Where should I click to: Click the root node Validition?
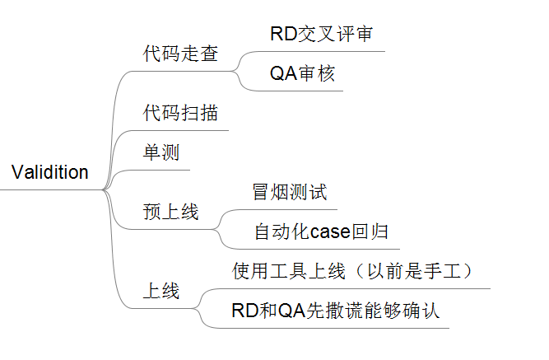[x=50, y=173]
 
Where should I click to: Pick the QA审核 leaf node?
[x=302, y=74]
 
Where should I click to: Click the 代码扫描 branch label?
[x=180, y=112]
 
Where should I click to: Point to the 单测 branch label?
[x=161, y=153]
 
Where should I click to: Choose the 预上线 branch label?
[x=170, y=212]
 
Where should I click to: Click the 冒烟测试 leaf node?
[x=290, y=193]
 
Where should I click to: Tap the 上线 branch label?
[x=161, y=292]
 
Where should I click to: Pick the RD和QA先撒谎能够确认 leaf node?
[x=336, y=311]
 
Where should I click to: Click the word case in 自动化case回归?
[x=331, y=232]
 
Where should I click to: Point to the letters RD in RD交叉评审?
[x=281, y=35]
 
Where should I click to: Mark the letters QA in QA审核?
[x=281, y=74]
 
